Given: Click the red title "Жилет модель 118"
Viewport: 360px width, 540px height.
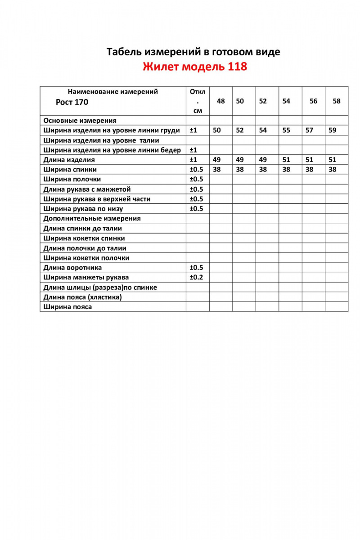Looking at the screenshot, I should click(x=194, y=67).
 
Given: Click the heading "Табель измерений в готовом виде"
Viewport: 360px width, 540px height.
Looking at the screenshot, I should click(x=193, y=52).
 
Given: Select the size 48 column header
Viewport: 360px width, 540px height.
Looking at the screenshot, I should click(x=221, y=101).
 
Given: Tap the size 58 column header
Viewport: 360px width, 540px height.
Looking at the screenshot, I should click(x=337, y=101).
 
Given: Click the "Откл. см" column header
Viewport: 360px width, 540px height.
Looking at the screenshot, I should click(x=198, y=101).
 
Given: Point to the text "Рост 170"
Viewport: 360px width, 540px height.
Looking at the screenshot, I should click(x=72, y=102).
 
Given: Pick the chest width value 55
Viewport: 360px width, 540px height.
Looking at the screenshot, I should click(x=286, y=130).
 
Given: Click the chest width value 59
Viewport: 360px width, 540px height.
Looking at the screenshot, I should click(x=333, y=130).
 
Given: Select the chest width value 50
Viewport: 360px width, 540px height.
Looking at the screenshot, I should click(x=217, y=130).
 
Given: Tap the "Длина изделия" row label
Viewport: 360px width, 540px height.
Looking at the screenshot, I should click(x=69, y=160).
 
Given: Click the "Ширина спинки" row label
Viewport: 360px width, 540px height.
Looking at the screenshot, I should click(x=70, y=170).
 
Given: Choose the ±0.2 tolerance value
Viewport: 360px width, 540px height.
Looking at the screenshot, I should click(x=196, y=277).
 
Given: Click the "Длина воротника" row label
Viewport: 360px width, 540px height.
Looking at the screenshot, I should click(x=73, y=268).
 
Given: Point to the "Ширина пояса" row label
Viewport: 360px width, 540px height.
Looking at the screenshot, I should click(x=67, y=307).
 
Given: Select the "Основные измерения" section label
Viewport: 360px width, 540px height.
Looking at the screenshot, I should click(x=80, y=121).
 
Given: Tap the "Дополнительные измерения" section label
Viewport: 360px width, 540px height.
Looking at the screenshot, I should click(x=92, y=219).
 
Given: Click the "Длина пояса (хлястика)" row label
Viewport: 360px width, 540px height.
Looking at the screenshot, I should click(x=83, y=297).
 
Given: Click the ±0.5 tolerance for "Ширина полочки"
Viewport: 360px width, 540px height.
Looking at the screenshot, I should click(x=196, y=179).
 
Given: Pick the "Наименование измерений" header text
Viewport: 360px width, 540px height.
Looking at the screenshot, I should click(x=112, y=92).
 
